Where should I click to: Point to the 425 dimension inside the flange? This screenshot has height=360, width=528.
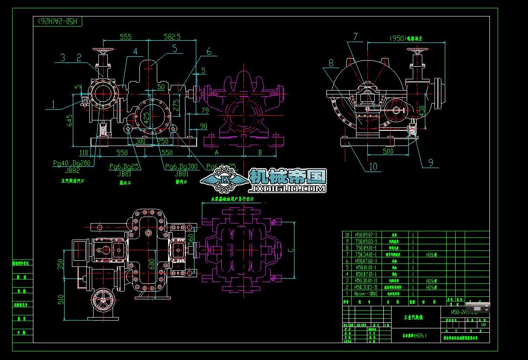pos(146,117)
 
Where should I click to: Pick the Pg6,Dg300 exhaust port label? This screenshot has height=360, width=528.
pos(181,166)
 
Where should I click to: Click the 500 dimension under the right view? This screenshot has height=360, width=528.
pos(388,151)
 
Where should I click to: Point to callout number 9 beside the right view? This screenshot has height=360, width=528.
pos(431,162)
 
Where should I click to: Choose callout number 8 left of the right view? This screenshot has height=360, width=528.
pos(331,63)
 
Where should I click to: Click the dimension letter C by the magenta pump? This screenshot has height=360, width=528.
pos(291,250)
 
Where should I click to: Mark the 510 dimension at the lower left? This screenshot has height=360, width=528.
pos(61,299)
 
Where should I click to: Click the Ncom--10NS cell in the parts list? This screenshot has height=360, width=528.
pos(366,293)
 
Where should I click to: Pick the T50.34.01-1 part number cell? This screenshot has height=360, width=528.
pos(366,255)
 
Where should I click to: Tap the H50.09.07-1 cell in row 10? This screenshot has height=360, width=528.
pos(366,234)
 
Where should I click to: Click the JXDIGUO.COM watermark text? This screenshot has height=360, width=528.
pos(288,189)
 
